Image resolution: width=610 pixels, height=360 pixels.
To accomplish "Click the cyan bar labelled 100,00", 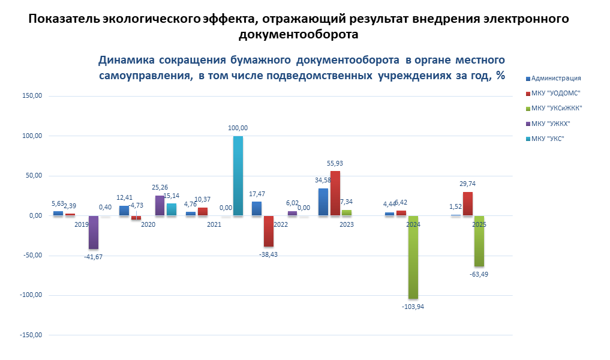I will pos(238,176).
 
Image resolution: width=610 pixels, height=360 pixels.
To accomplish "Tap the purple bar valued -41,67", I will pos(94,232).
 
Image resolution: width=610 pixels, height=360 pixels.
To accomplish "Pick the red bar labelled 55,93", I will pos(335,193).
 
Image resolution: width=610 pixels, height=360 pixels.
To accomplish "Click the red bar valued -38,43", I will pos(268,231).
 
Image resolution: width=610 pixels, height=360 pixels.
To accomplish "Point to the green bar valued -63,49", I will pos(479,241).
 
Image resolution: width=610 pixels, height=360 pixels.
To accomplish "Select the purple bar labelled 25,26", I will pos(160,205).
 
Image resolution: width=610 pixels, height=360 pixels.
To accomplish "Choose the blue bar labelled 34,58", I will pos(323,202).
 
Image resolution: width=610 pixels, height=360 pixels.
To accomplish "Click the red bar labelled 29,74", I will pos(467,203).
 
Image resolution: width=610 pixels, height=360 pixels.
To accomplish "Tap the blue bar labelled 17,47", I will pos(257,208).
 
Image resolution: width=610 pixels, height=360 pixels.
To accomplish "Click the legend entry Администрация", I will pos(555,78).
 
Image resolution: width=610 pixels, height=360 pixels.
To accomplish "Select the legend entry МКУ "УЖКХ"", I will pos(551,124).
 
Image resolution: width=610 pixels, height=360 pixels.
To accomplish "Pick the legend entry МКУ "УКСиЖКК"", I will pos(557,109).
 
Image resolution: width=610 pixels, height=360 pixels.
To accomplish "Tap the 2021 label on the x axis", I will pos(214,224).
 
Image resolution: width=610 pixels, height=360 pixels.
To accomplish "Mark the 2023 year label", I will pos(346,224).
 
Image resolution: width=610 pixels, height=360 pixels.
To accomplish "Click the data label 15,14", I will pos(173,196).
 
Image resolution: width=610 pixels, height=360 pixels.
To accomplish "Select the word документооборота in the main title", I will pos(298,34).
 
